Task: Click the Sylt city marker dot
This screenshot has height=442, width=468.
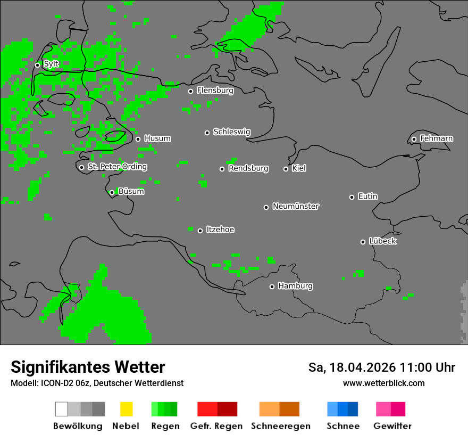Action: point(37,65)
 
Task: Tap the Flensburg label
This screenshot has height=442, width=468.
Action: point(215,91)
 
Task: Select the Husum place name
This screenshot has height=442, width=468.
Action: point(157,138)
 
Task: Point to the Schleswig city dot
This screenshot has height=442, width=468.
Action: point(207,133)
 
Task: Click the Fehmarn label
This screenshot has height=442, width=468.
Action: point(436,138)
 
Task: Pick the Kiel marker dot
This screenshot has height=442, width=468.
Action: point(286,169)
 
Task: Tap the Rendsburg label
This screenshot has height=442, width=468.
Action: point(248,168)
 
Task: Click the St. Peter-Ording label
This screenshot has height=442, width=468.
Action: point(117,167)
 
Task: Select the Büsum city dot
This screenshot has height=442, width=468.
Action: point(112,192)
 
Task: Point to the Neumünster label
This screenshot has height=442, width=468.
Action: point(296,206)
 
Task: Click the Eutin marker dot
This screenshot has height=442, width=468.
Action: point(352,197)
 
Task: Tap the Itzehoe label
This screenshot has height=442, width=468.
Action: point(220,230)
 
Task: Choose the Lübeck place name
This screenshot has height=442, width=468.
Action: point(382,241)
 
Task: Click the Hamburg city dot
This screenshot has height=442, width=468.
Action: point(272,287)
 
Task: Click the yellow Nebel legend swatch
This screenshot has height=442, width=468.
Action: point(126,409)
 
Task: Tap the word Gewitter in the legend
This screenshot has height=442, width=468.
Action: point(392,426)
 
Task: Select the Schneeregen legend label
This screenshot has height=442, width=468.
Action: point(280,426)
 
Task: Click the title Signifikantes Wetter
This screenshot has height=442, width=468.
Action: point(88,367)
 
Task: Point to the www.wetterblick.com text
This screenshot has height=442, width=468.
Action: point(383,383)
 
